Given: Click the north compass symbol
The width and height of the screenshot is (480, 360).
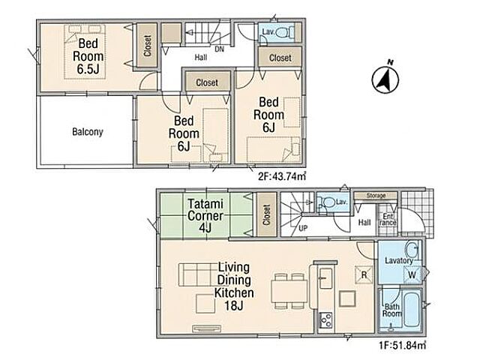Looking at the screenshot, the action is coord(385,78).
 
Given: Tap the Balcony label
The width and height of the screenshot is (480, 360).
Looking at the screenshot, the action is coord(88,132).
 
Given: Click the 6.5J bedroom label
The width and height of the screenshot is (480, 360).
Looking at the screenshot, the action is coord(88,56).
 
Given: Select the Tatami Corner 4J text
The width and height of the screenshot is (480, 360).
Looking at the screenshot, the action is coord(205,216).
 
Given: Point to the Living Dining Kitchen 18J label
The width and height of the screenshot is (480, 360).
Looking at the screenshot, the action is coord(234,286).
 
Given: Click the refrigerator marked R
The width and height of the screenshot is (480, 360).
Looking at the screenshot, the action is coord(364,275).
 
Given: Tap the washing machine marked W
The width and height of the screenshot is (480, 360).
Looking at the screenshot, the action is coord(412,274).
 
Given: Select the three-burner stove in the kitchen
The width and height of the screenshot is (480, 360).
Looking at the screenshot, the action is coord(325,320).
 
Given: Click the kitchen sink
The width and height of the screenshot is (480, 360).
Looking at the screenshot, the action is coord(325,278).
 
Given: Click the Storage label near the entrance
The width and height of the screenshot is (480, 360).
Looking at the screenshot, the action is coord(376,195).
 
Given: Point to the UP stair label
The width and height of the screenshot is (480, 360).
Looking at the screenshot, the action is coord(303,228).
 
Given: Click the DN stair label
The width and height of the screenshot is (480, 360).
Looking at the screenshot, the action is coord(219,49).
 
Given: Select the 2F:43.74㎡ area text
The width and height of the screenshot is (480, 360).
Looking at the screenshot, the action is coord(282,176).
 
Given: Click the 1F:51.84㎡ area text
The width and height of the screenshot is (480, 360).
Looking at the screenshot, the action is coord(402,345).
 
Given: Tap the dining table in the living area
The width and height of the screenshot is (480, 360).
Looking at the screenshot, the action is coord(289,291).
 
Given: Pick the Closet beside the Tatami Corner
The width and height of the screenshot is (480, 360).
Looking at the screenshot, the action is coord(266,215).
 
